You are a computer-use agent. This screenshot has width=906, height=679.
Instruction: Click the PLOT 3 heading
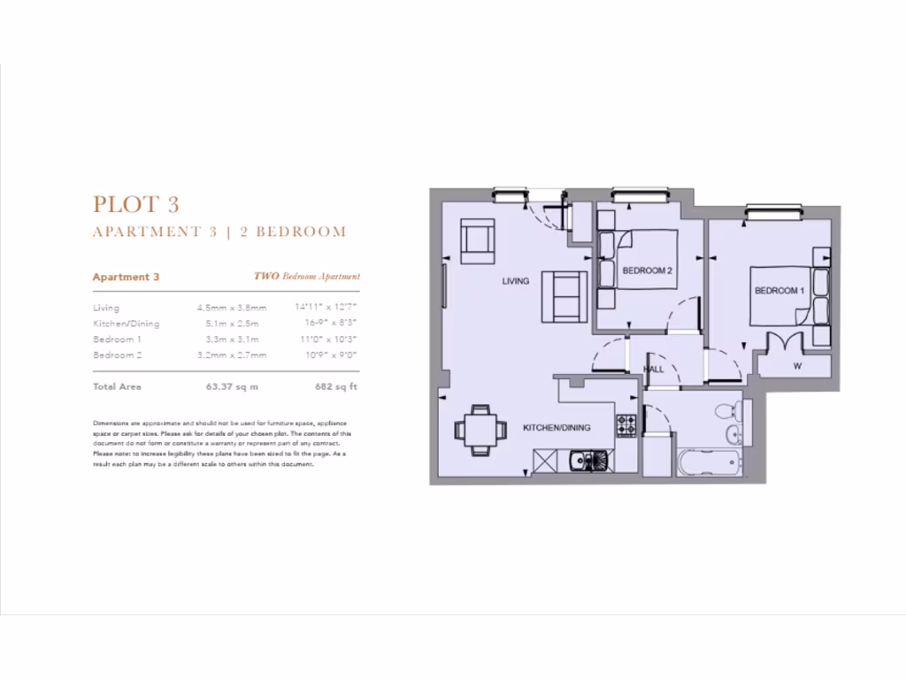click(136, 204)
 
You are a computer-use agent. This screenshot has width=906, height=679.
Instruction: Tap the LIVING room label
click(515, 281)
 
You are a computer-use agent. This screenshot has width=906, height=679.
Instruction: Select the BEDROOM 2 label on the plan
click(648, 271)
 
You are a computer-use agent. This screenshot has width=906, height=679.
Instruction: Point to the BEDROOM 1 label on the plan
click(779, 291)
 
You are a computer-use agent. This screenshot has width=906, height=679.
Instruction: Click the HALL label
click(654, 370)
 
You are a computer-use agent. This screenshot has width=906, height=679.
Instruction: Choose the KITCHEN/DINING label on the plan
click(556, 428)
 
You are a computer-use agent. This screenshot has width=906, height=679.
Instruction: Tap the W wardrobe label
click(797, 366)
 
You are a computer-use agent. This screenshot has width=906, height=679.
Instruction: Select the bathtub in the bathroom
click(707, 462)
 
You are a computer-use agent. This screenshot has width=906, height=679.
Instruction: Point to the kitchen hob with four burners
click(627, 425)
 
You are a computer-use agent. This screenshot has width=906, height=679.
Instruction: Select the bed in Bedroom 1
click(782, 295)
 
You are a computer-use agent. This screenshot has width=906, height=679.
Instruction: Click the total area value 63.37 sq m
click(232, 386)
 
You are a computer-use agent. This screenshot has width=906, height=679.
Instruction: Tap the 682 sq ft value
click(335, 386)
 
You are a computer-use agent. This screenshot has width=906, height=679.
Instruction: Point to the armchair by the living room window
click(478, 240)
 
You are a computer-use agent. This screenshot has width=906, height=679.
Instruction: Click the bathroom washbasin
click(733, 434)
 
